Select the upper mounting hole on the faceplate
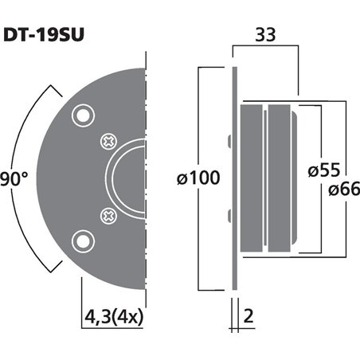[80, 116]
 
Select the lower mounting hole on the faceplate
[80, 240]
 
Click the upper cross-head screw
[107, 143]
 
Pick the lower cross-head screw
[107, 213]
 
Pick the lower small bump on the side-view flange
[229, 213]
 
